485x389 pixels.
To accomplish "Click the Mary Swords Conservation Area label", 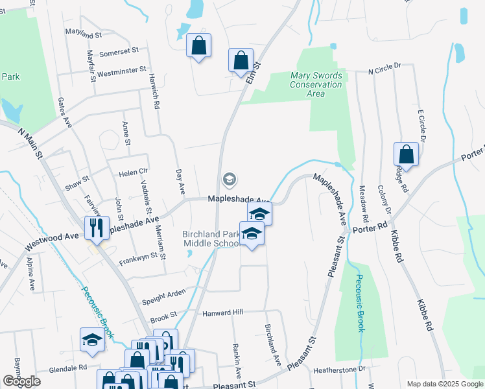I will click(316, 84).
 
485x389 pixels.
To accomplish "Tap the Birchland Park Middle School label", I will click(211, 238).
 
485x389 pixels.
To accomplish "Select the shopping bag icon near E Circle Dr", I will click(406, 155).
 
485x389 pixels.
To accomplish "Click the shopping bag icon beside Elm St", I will click(241, 60).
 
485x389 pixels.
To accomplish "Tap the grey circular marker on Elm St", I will click(229, 179).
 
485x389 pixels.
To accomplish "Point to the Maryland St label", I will click(84, 34).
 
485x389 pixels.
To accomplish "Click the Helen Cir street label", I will click(134, 174).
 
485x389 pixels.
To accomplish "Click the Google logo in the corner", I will click(21, 381).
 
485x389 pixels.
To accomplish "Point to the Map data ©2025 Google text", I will click(444, 384).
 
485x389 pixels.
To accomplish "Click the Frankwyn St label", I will click(138, 260).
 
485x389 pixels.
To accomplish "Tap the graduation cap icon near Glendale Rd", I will click(92, 340).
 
